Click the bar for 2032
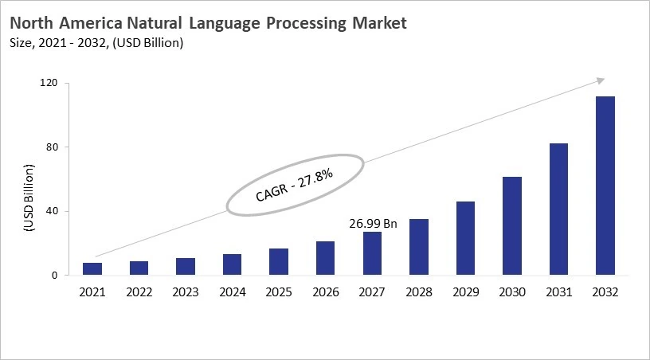coord(605,186)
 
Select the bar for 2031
coord(558,209)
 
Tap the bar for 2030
coord(512,226)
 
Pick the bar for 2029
coord(465,238)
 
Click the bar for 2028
coord(419,247)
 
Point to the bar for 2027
coord(372,253)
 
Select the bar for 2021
coord(92,269)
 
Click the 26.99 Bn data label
coord(372,224)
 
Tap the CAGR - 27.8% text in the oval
coord(294,184)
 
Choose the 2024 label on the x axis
coord(233,293)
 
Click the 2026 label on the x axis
coord(326,293)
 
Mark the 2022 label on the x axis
coord(139,293)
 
